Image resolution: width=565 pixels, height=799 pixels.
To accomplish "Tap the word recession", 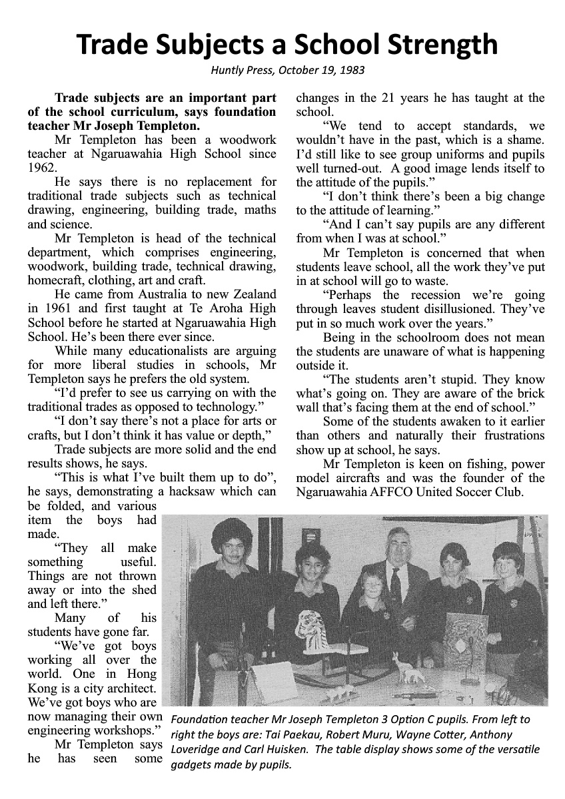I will (431, 295).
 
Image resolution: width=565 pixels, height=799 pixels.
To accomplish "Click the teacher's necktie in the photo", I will (395, 584).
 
